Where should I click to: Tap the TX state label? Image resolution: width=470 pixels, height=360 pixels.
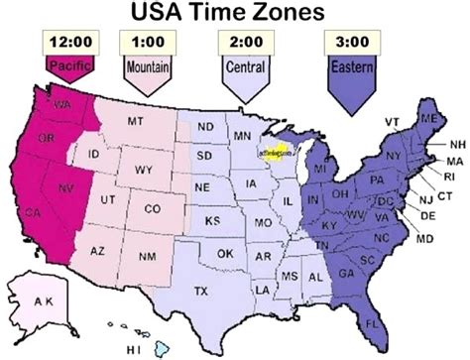point(201,291)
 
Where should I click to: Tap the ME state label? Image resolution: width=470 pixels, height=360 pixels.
point(427,120)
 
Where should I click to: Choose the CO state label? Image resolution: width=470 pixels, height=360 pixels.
point(152,209)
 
